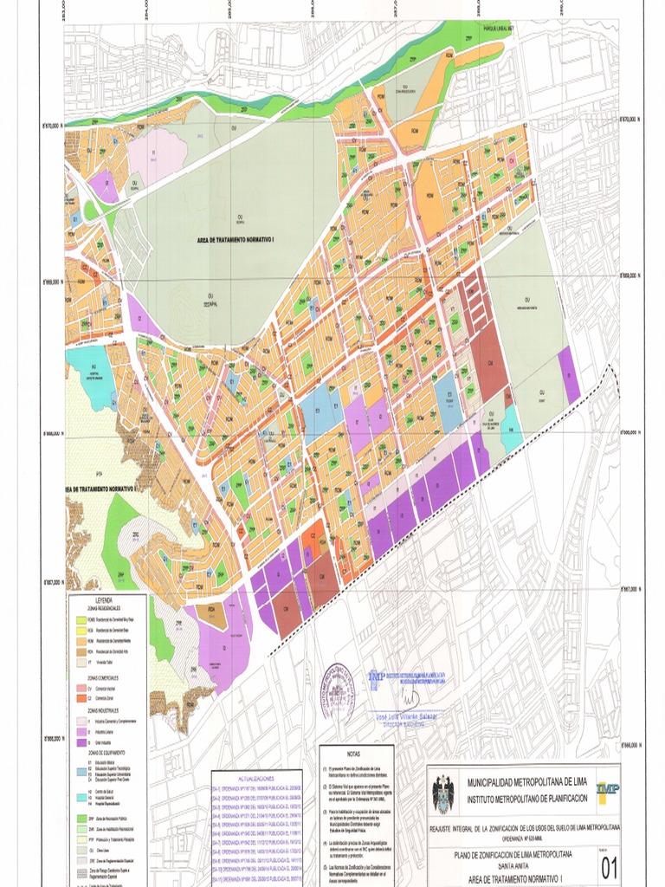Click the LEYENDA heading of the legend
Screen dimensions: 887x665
click(x=103, y=599)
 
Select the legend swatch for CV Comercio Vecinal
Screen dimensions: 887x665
click(x=79, y=687)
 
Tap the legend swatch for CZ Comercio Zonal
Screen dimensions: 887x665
click(x=79, y=696)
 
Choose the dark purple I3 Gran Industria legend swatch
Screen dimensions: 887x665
click(x=79, y=742)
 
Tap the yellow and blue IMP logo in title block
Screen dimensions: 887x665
click(x=607, y=788)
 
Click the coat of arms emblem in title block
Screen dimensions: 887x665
click(x=442, y=793)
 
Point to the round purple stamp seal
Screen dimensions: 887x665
click(x=339, y=688)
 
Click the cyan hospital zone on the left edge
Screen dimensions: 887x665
click(x=89, y=374)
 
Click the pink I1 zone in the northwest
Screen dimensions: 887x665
click(x=158, y=152)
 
